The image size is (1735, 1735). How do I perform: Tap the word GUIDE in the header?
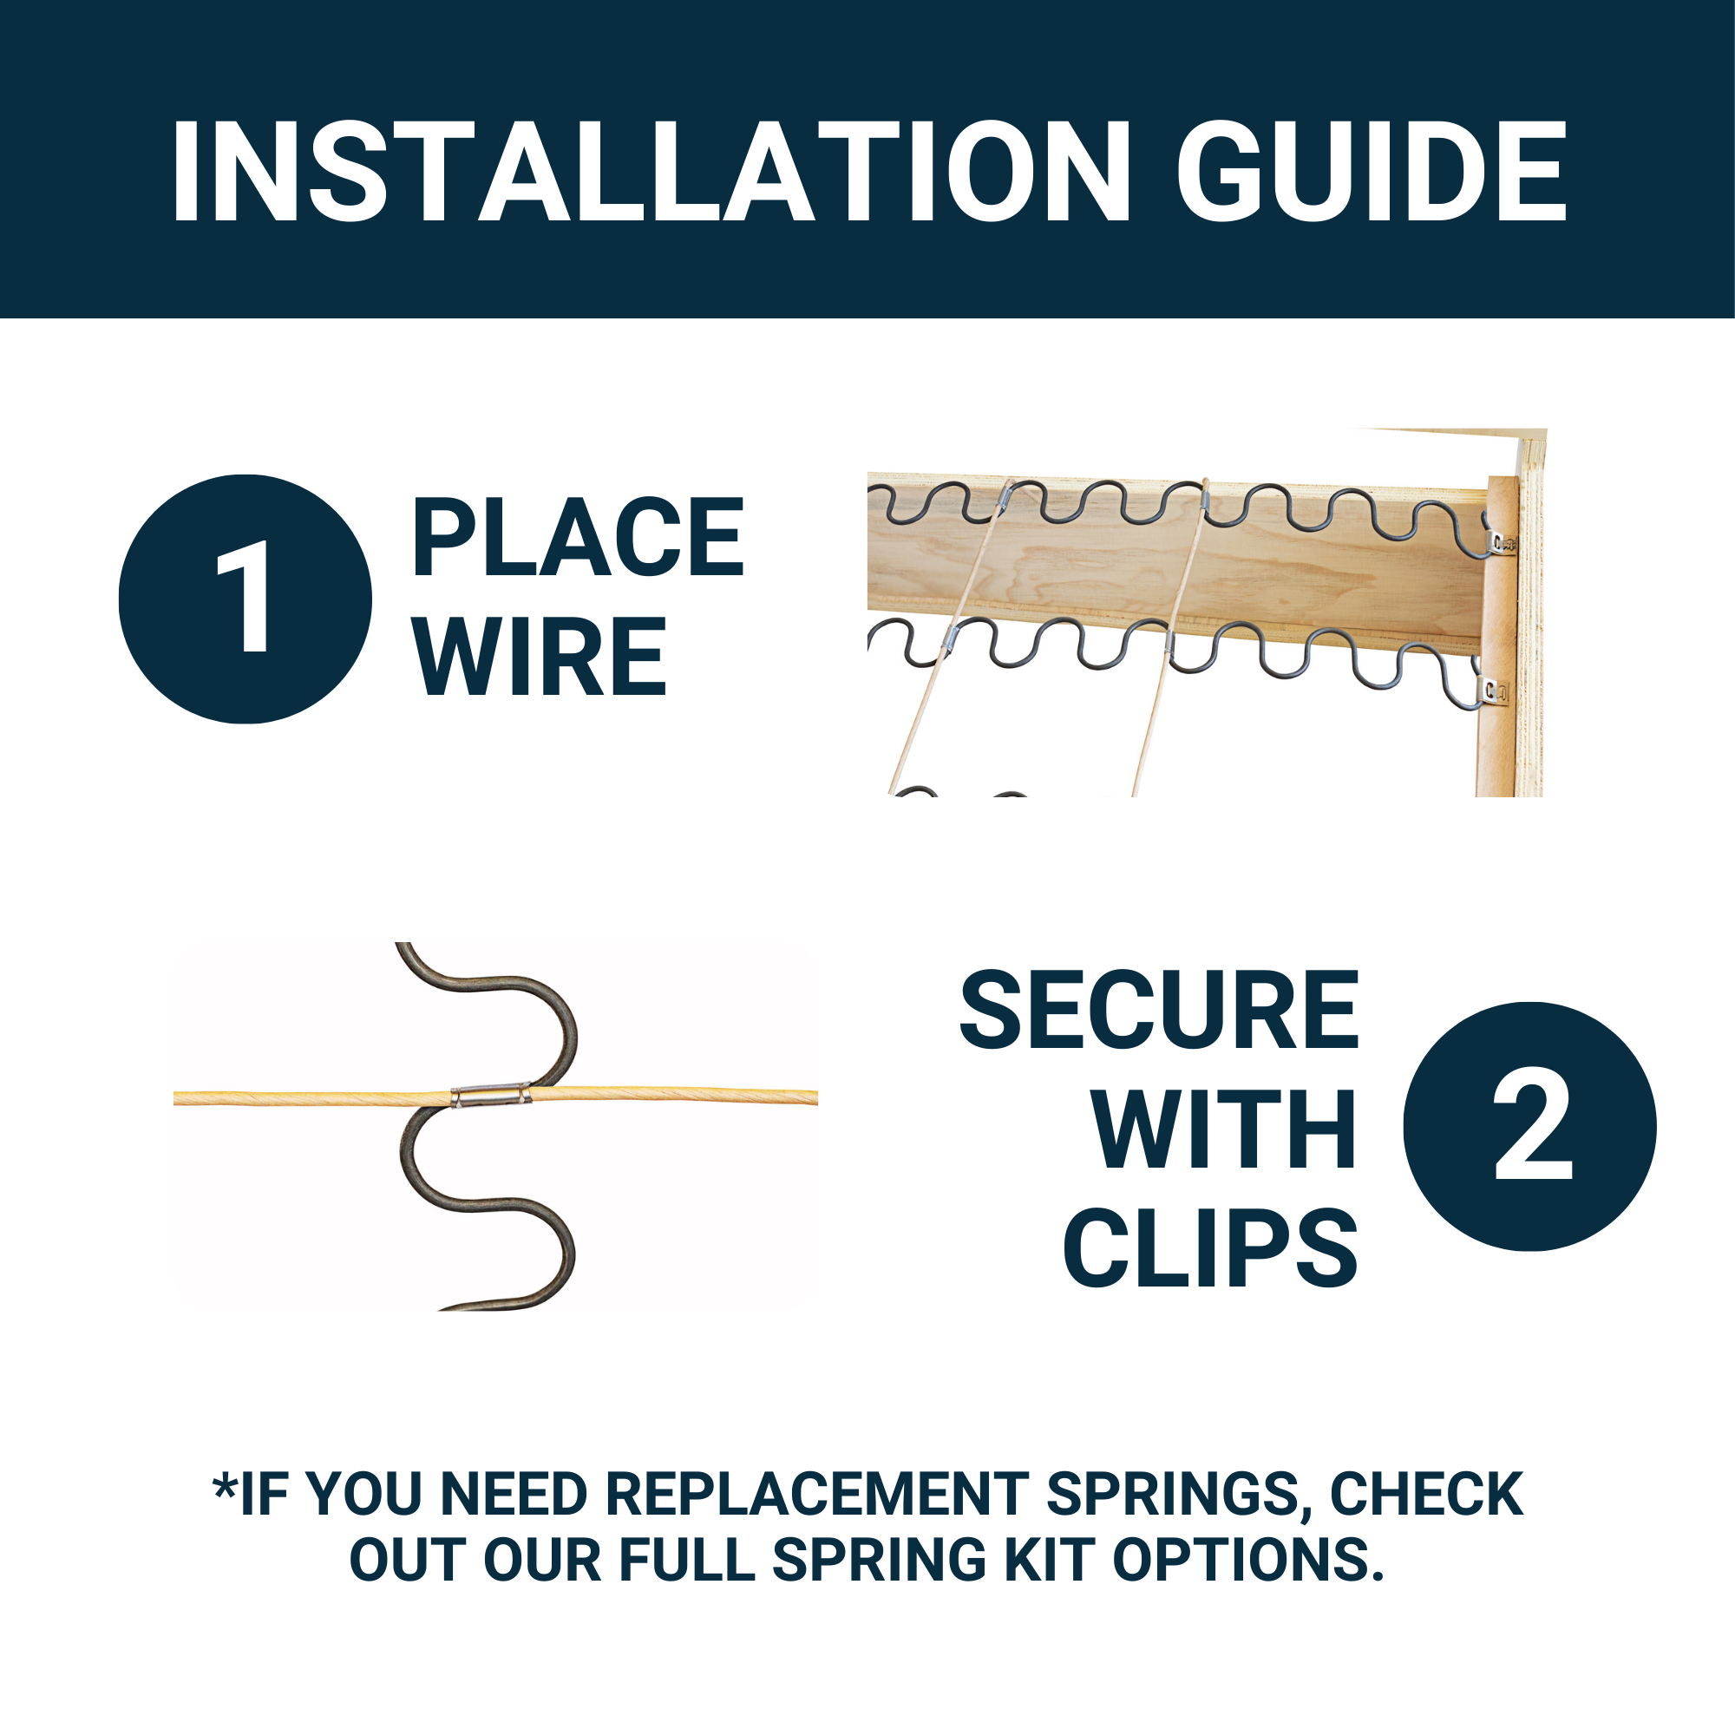[x=1372, y=171]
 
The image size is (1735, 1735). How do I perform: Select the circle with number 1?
[x=246, y=599]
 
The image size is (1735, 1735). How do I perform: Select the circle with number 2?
[x=1529, y=1126]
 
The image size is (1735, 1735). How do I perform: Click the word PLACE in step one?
[x=578, y=537]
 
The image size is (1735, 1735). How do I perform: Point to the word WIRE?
[x=539, y=657]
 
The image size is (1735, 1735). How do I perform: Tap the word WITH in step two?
[x=1223, y=1129]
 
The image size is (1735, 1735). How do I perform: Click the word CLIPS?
[x=1209, y=1248]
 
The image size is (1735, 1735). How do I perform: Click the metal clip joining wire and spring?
[x=490, y=1096]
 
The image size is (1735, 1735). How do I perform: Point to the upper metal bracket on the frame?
[x=1500, y=541]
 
